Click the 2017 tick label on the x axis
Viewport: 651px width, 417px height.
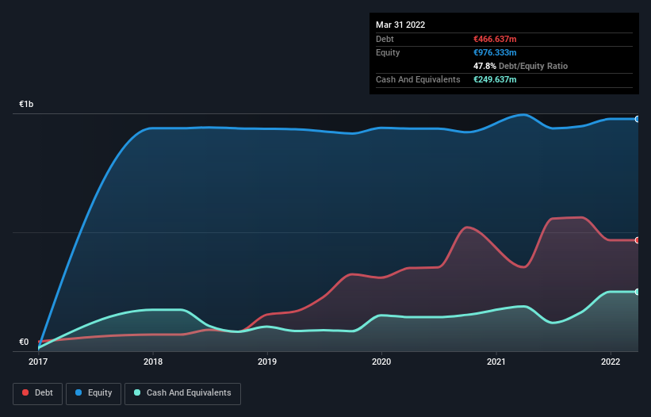tap(38, 362)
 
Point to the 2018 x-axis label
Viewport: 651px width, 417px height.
tap(153, 362)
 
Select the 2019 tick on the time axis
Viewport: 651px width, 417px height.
tap(267, 362)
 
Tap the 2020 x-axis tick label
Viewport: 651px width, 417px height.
tap(381, 362)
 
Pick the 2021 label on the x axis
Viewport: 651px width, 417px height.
tap(496, 362)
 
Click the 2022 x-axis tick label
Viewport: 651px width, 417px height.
tap(611, 362)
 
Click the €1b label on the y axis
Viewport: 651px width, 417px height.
tap(27, 105)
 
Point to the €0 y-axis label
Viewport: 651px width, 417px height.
tap(24, 342)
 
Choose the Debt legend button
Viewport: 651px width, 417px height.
tap(37, 392)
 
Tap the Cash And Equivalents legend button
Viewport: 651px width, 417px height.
tap(182, 392)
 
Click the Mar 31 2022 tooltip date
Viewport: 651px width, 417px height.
tap(400, 25)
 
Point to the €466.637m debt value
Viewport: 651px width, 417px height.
tap(494, 39)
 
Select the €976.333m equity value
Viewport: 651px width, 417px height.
tap(494, 52)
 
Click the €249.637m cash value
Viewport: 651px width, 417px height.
tap(494, 79)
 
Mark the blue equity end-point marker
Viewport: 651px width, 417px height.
tap(638, 119)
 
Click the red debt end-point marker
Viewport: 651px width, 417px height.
tap(638, 240)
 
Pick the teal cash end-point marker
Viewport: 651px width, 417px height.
tap(638, 292)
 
